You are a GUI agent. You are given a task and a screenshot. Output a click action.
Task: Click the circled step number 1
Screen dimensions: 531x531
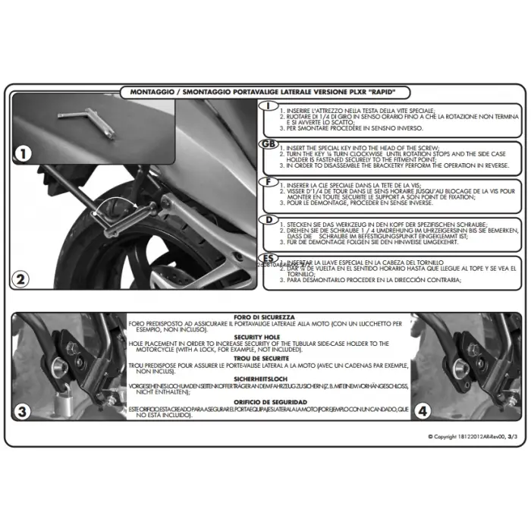click(24, 154)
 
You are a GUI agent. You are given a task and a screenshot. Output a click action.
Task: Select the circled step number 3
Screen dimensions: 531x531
click(24, 413)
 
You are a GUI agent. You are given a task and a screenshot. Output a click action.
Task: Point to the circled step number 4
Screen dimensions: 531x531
click(423, 413)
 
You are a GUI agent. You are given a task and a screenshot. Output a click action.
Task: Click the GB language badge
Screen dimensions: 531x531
click(269, 144)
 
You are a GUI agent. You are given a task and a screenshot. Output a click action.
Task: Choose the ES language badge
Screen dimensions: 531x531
click(269, 258)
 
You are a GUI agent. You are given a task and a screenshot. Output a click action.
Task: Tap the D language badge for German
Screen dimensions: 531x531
click(269, 220)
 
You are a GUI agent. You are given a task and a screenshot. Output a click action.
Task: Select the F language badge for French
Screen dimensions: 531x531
click(269, 182)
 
